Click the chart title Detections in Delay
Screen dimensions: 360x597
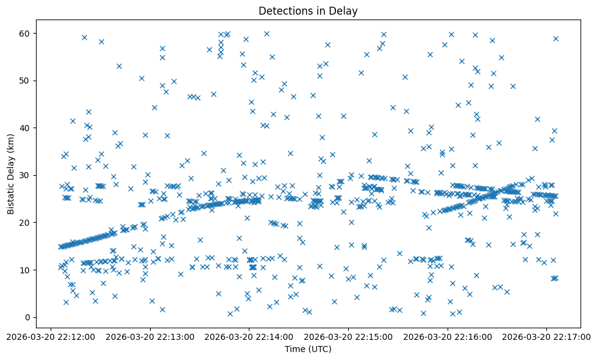point(308,10)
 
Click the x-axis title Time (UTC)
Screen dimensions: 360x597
point(308,349)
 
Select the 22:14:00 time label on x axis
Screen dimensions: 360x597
point(249,336)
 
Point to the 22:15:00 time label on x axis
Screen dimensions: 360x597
point(349,336)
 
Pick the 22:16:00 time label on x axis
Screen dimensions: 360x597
point(448,336)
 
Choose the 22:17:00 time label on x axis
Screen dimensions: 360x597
point(547,336)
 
